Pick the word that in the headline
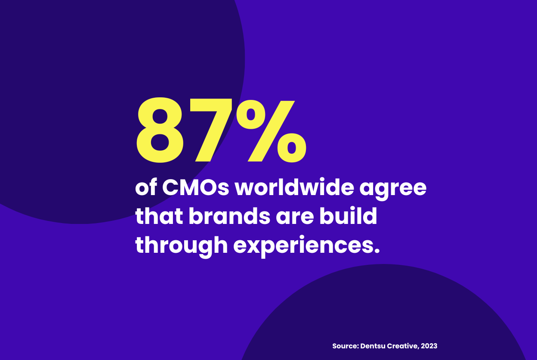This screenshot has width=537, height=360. pyautogui.click(x=158, y=217)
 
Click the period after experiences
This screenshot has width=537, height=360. pyautogui.click(x=377, y=251)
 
